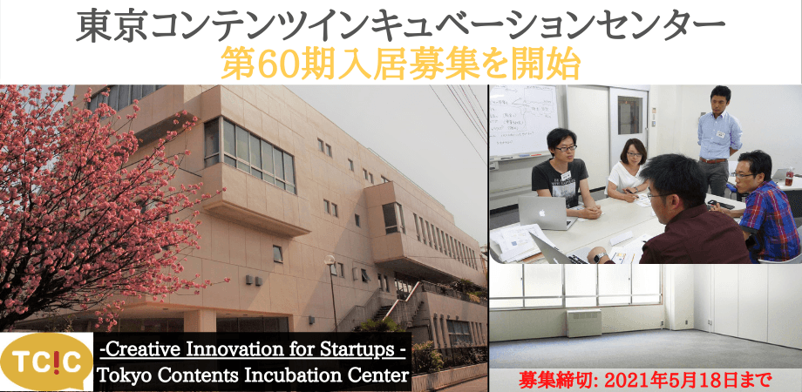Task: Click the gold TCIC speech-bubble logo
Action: [x=46, y=362]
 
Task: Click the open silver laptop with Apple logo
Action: [x=545, y=212]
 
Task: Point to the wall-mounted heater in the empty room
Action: [x=583, y=323]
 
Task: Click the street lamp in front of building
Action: [x=331, y=291]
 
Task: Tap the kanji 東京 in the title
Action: [x=111, y=28]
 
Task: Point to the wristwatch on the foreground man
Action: [x=600, y=257]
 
